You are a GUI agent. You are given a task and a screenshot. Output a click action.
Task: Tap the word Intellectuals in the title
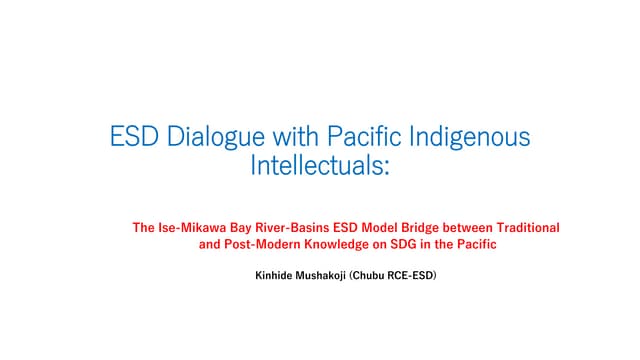pyautogui.click(x=316, y=164)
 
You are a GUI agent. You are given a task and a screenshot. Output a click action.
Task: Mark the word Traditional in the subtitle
pyautogui.click(x=524, y=227)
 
